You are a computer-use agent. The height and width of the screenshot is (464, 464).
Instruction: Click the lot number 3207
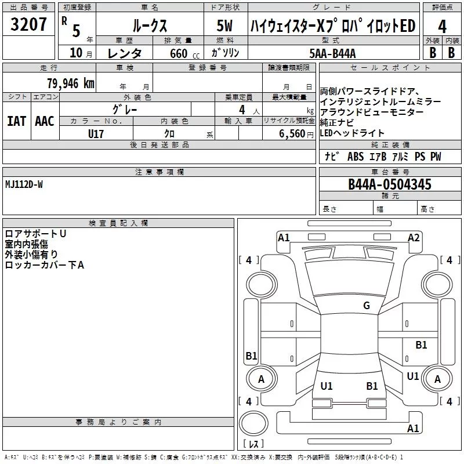[x=29, y=25]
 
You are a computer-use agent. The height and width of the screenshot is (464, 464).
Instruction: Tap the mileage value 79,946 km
[x=70, y=83]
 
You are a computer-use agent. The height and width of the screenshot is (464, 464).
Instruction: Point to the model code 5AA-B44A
[x=333, y=53]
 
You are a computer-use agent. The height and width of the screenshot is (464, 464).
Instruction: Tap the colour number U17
[x=96, y=133]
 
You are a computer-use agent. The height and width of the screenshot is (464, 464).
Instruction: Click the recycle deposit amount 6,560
[x=292, y=133]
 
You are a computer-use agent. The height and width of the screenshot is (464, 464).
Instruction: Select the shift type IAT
[x=17, y=121]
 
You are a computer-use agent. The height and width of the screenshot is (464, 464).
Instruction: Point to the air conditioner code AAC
[x=45, y=121]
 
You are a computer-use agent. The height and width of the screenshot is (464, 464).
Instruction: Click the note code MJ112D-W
[x=24, y=184]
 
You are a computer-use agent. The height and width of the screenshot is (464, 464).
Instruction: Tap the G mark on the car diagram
[x=366, y=306]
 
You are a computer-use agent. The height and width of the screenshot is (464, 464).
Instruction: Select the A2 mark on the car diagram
[x=414, y=237]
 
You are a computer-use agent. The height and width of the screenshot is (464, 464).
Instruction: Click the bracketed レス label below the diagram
[x=253, y=445]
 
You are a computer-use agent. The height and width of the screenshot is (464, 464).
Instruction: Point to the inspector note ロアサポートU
[x=35, y=233]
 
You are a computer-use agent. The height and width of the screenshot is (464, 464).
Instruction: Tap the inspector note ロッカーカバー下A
[x=45, y=265]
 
